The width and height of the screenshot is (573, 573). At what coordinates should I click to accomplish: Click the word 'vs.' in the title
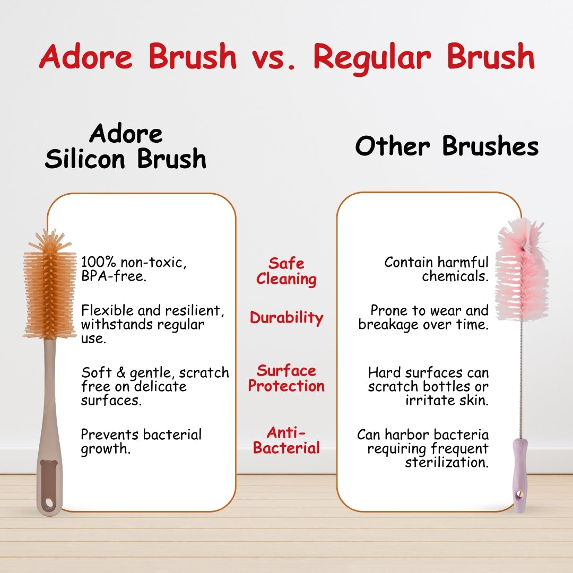coord(273,58)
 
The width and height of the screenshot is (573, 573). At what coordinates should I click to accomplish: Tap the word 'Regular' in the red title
coord(372,58)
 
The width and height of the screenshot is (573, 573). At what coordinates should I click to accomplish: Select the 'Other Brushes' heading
coord(447,146)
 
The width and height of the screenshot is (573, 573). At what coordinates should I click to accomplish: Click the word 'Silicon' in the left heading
coord(85,159)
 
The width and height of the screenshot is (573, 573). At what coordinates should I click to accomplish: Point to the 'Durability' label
coord(286,318)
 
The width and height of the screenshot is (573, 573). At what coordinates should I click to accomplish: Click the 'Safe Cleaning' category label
coord(286,271)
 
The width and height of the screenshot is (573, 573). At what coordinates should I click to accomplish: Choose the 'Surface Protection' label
coord(286,378)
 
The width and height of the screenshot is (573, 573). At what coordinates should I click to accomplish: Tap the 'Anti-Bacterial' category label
coord(286,440)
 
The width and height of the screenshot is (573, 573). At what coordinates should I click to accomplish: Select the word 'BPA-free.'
coord(114,276)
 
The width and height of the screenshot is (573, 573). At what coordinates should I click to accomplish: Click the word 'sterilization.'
coord(447,463)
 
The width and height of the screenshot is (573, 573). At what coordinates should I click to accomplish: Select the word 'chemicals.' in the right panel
coord(455,276)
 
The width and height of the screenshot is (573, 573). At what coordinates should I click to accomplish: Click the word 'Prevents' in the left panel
coord(110,435)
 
